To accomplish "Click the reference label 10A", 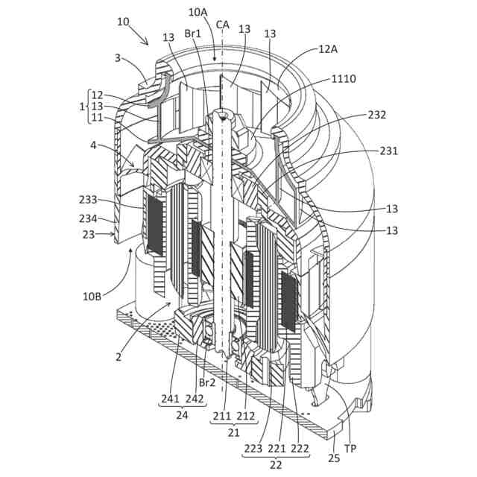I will coord(198,12).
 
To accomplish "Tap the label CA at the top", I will coord(222,24).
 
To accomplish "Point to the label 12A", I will coord(328,48).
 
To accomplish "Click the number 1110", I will coord(344,78).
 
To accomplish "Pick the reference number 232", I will coord(377,115).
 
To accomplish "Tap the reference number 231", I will coord(388,151).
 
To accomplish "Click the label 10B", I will coord(95,295).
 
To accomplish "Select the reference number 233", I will coord(88,200).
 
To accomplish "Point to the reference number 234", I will coord(88,218).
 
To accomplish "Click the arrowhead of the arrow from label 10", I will coord(148,44).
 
